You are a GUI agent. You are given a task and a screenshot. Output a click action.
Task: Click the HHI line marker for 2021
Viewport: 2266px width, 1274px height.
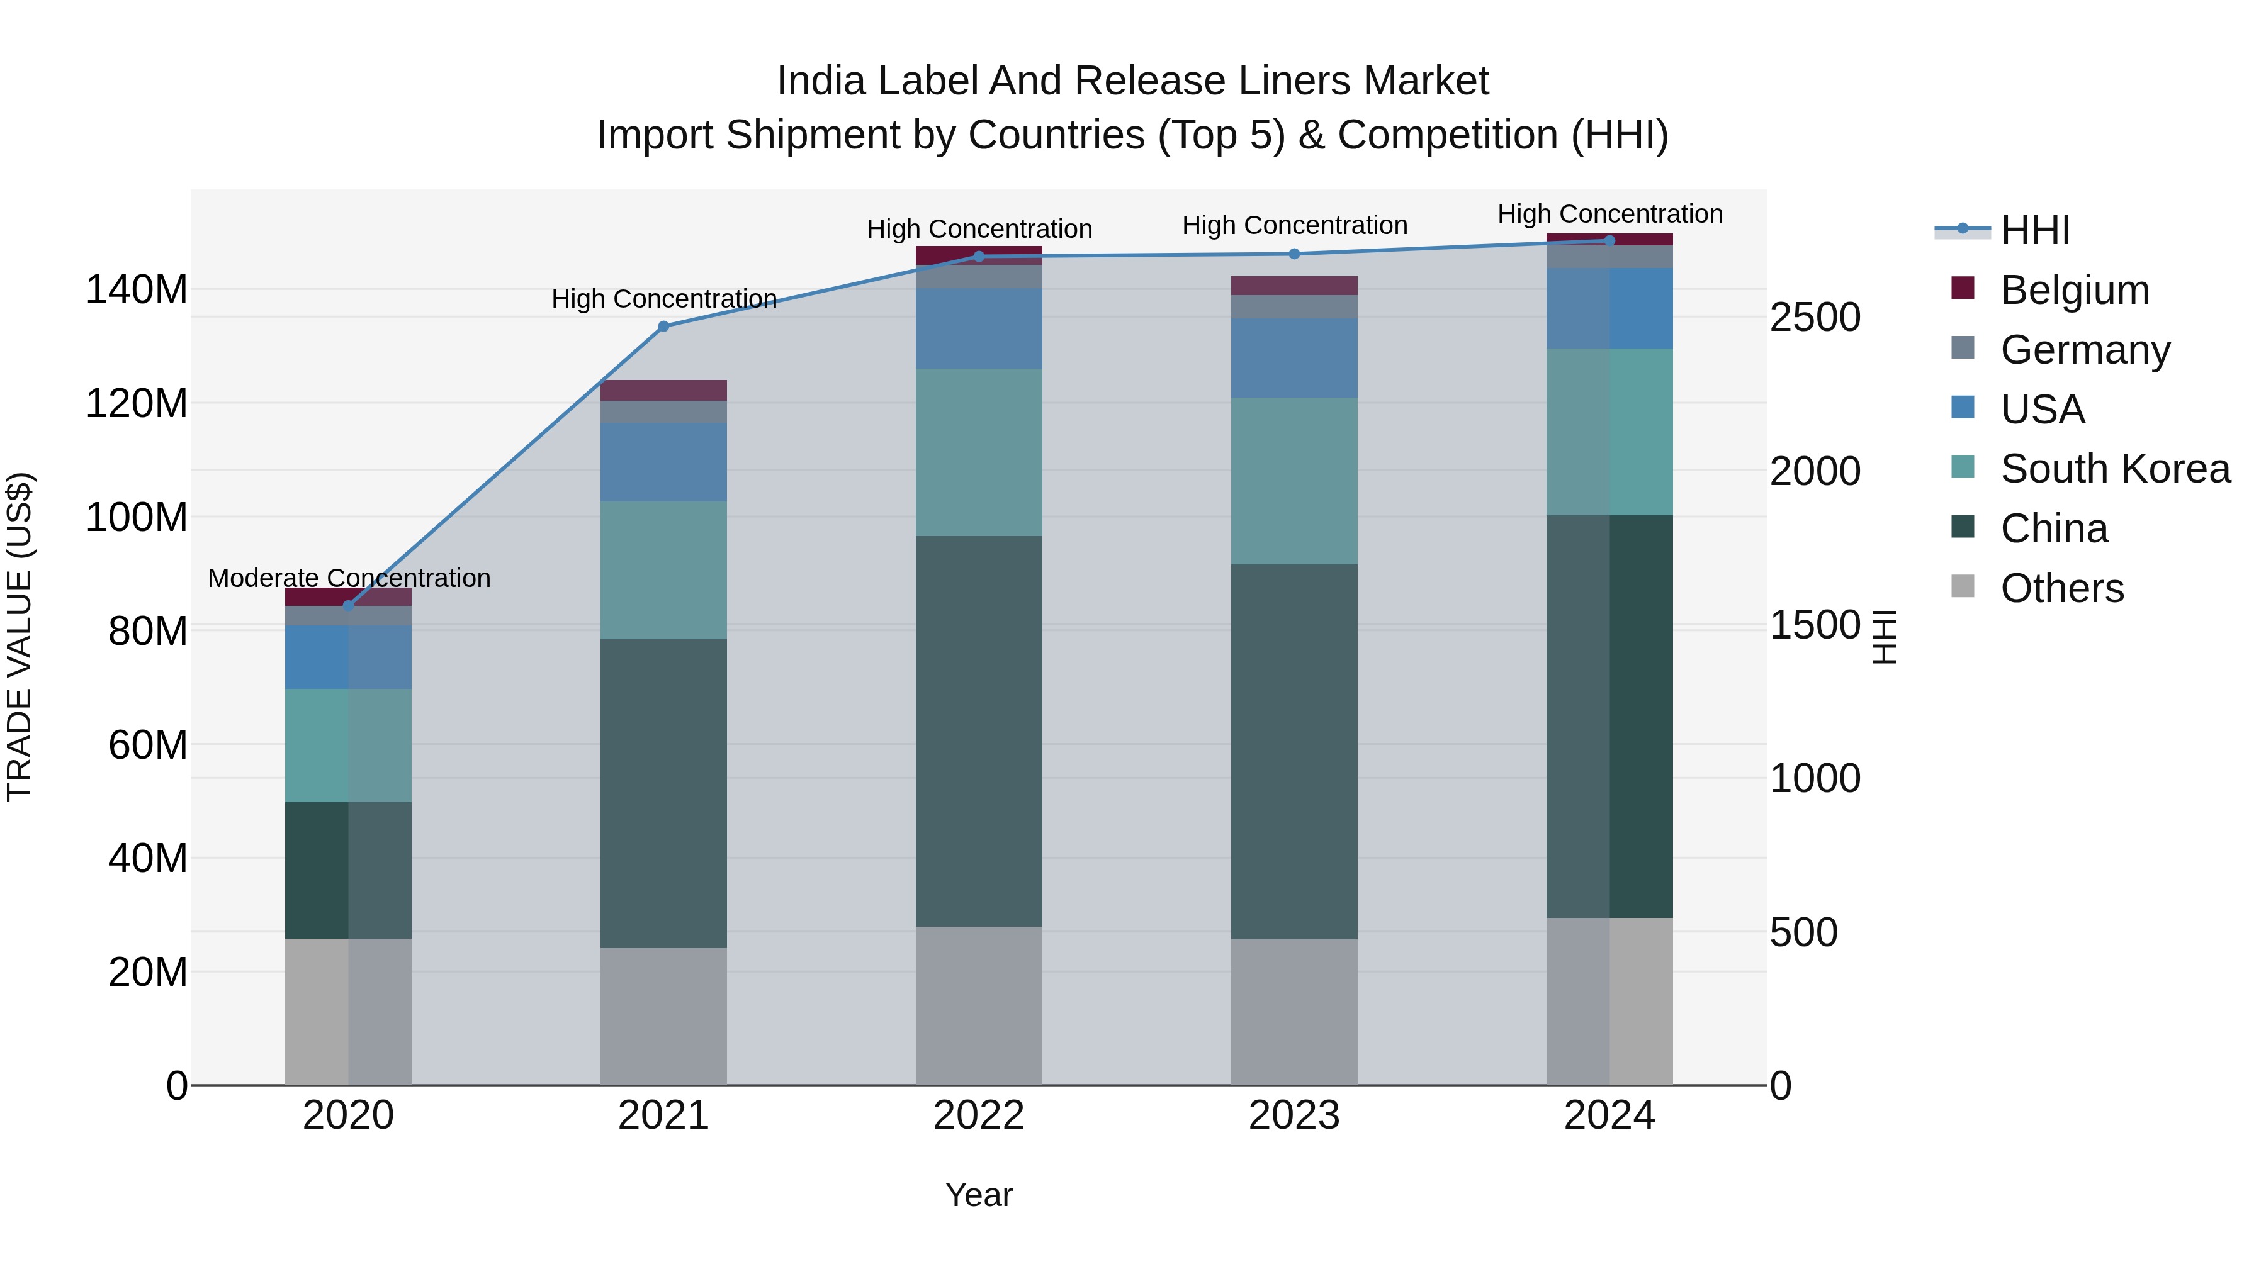pos(663,326)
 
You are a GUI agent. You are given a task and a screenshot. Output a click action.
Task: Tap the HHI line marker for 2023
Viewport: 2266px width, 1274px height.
pos(1294,254)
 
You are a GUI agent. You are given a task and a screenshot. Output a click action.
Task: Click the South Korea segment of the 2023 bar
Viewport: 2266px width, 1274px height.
pos(1294,480)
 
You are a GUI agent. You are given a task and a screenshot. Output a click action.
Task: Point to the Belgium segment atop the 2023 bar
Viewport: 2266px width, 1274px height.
pos(1294,285)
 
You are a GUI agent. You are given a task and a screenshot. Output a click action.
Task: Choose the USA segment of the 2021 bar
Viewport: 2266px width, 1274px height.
pos(663,462)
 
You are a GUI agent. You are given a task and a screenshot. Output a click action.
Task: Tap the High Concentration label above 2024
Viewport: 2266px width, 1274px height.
pos(1609,214)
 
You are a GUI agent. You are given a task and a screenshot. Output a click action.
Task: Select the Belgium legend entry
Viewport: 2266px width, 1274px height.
pos(2074,290)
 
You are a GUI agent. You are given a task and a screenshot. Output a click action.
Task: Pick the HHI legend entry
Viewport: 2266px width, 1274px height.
pos(2034,230)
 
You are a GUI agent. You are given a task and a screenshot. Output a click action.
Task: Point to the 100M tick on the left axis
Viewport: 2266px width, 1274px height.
pos(137,517)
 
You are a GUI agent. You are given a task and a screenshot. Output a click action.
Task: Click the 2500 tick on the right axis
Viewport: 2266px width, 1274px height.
pos(1815,318)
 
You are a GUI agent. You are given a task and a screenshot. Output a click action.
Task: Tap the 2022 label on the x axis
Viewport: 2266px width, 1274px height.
pos(978,1115)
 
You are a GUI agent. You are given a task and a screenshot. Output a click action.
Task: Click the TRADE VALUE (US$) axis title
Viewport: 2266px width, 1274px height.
pos(20,637)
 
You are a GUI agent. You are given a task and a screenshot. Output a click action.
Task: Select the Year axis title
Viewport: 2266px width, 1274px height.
pos(978,1195)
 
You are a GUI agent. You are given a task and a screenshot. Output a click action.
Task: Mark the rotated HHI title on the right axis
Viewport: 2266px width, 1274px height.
pos(1884,637)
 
